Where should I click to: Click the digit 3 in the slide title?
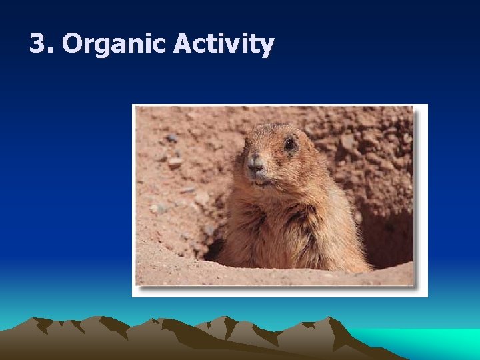click(x=39, y=45)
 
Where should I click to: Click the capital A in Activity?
click(x=183, y=44)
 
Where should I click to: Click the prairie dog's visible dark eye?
click(x=289, y=144)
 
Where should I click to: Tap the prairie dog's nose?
click(x=255, y=162)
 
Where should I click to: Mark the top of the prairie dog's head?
click(x=273, y=126)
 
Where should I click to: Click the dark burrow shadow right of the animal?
click(x=387, y=240)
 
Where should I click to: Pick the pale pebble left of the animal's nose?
click(x=175, y=162)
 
